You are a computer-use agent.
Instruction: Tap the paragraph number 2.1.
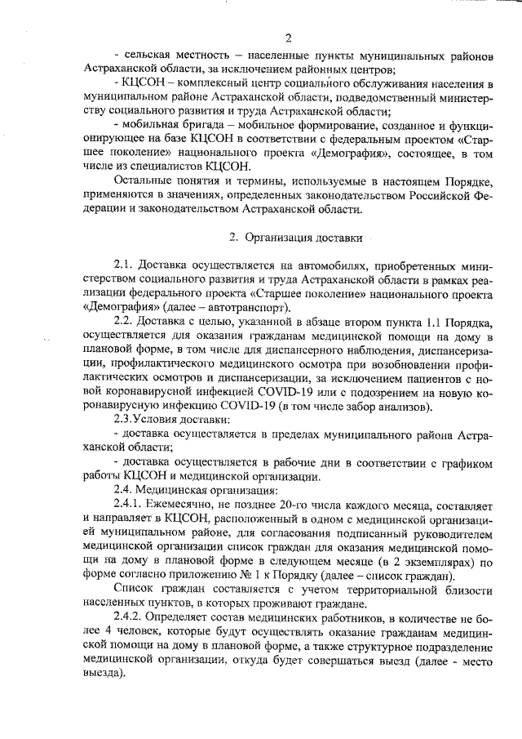pyautogui.click(x=125, y=266)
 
